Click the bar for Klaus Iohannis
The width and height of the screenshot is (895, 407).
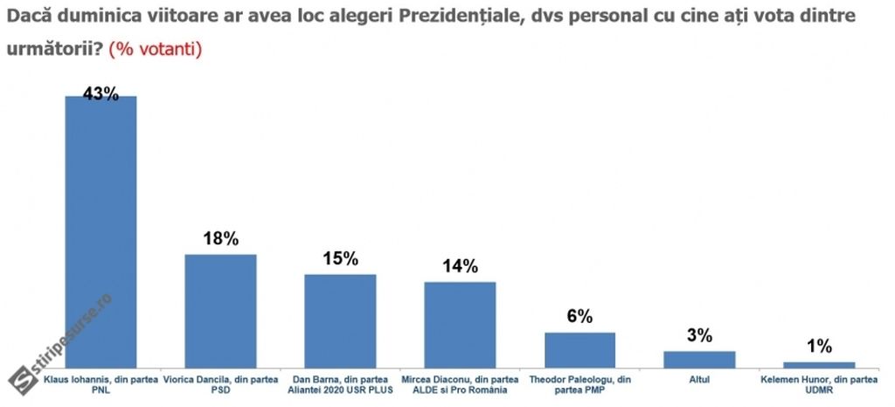101,231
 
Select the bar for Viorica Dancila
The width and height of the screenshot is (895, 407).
220,310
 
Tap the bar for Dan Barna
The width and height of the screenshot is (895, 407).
340,320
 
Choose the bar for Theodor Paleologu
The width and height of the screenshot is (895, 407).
579,349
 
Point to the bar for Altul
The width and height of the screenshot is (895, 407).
699,359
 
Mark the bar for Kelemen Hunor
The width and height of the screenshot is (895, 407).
819,364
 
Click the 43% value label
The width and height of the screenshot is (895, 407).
101,93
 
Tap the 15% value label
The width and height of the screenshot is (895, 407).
340,259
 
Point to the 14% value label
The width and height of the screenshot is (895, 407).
460,267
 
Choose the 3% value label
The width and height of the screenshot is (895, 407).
699,336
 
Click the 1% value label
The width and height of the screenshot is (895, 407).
819,347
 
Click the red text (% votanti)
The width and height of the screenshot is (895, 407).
156,50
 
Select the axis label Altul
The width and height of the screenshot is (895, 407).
699,380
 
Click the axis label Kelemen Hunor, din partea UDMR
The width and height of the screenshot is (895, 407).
819,384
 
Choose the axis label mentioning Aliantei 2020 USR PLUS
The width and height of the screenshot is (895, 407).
340,384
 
